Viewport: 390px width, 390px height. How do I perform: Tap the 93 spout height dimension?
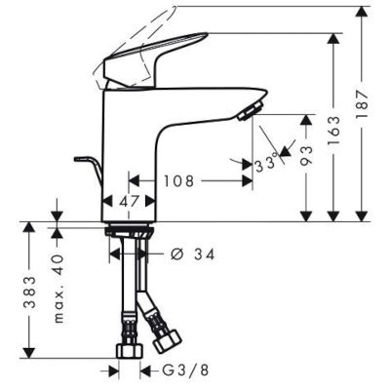pyautogui.click(x=307, y=156)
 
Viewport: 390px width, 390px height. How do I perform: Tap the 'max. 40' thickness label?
pyautogui.click(x=58, y=290)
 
